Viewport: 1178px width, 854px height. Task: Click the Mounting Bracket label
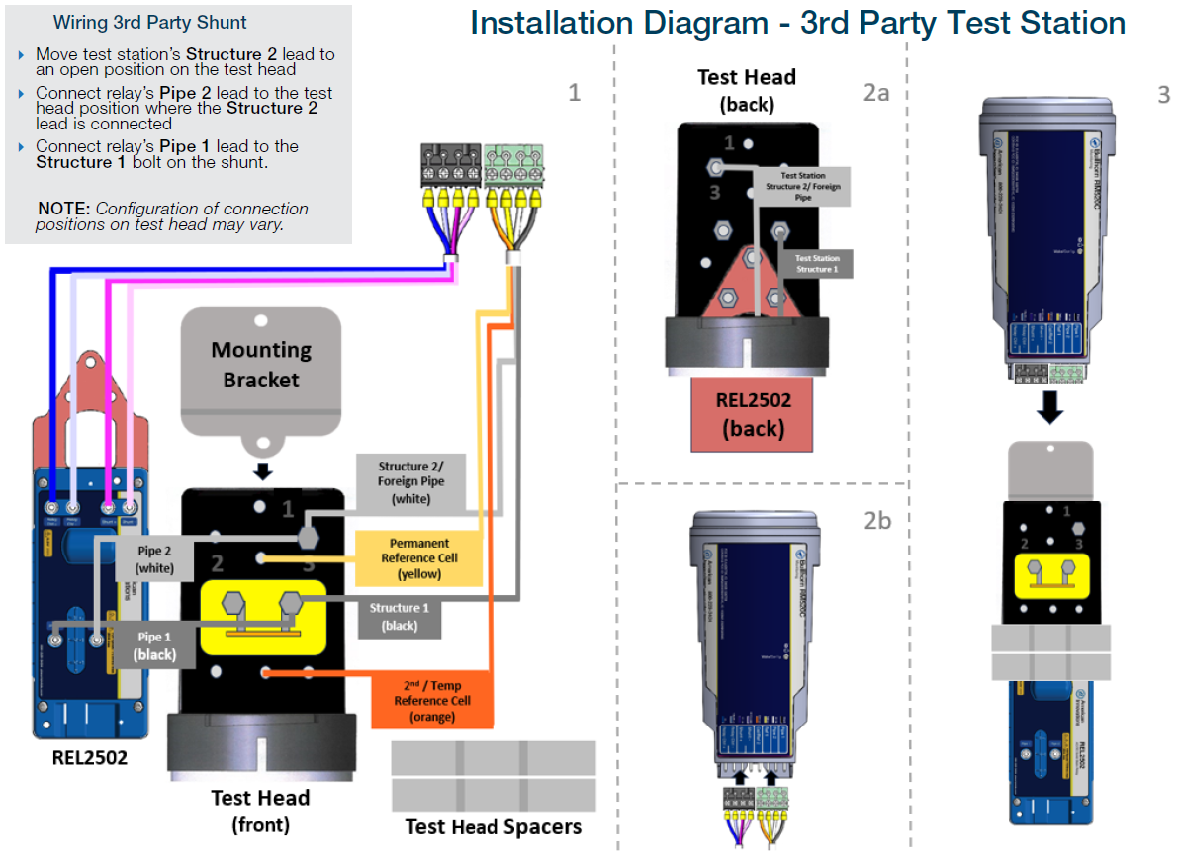[x=261, y=365]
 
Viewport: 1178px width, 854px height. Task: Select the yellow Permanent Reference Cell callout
[x=418, y=557]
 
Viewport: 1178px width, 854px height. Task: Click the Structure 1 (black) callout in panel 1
[x=400, y=616]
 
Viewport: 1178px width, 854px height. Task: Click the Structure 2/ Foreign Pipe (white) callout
[x=410, y=481]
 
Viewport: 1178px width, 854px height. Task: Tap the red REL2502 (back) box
[x=751, y=413]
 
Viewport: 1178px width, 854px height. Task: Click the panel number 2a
[x=876, y=93]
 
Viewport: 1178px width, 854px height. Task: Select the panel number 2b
[x=876, y=520]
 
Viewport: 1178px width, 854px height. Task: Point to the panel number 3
[x=1162, y=95]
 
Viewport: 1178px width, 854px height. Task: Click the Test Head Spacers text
[x=494, y=826]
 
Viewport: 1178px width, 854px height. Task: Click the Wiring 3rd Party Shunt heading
[x=150, y=22]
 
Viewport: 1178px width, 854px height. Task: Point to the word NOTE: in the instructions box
[x=64, y=209]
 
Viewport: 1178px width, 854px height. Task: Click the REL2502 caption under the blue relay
[x=92, y=759]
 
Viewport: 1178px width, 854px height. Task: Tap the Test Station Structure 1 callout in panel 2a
[x=818, y=263]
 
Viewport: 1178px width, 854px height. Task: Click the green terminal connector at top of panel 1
[x=514, y=163]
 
